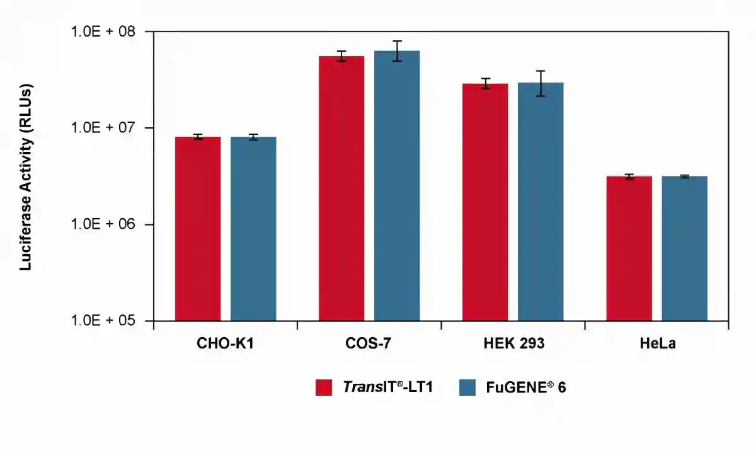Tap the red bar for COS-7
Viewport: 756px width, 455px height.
pyautogui.click(x=341, y=188)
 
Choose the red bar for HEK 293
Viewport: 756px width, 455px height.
pyautogui.click(x=485, y=202)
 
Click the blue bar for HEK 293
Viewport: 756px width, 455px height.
pyautogui.click(x=541, y=202)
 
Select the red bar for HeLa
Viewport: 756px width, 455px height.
pyautogui.click(x=629, y=248)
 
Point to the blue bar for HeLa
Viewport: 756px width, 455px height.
pyautogui.click(x=684, y=248)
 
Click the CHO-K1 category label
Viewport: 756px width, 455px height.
pyautogui.click(x=226, y=345)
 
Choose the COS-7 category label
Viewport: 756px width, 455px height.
pyautogui.click(x=369, y=345)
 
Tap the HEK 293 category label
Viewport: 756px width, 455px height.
pyautogui.click(x=513, y=345)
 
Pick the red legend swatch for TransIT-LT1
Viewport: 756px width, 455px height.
pyautogui.click(x=324, y=388)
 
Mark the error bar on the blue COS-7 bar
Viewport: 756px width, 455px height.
pyautogui.click(x=397, y=50)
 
